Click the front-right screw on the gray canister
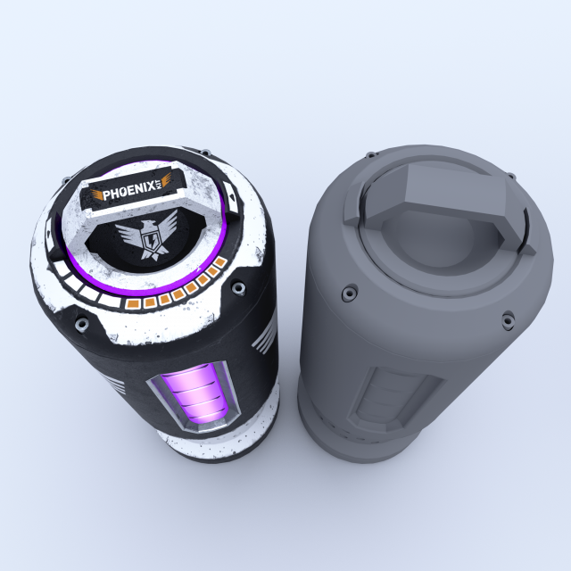click(508, 317)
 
